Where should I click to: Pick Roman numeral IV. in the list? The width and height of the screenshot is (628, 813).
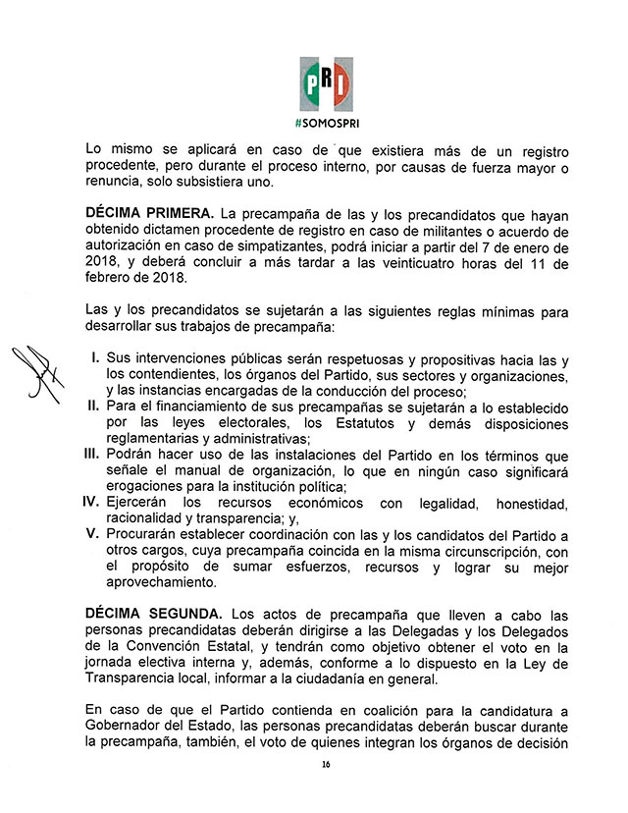pos(91,503)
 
